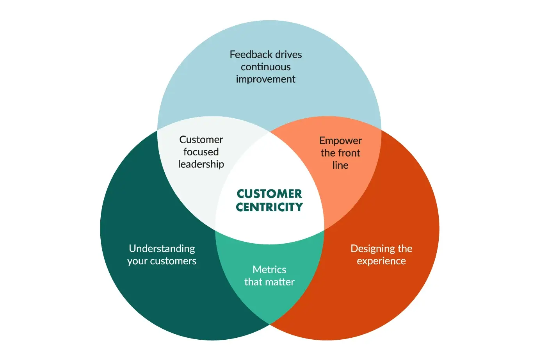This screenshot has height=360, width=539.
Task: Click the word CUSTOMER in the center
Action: click(269, 194)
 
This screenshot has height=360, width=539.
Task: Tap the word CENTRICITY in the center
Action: click(269, 207)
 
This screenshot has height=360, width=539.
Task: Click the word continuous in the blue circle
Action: click(265, 67)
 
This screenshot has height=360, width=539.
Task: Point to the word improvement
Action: click(265, 79)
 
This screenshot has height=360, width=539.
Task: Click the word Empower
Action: click(340, 141)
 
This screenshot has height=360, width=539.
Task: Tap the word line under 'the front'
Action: click(340, 165)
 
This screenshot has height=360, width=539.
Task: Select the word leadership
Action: click(201, 164)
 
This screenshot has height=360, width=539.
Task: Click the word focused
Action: click(201, 152)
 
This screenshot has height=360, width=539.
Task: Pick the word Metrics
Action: click(269, 269)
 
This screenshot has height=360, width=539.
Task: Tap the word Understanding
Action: click(162, 249)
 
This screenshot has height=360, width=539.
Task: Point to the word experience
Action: click(381, 261)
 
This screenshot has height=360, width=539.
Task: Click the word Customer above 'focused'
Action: click(201, 139)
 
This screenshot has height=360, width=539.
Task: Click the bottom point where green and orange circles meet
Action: click(270, 324)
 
